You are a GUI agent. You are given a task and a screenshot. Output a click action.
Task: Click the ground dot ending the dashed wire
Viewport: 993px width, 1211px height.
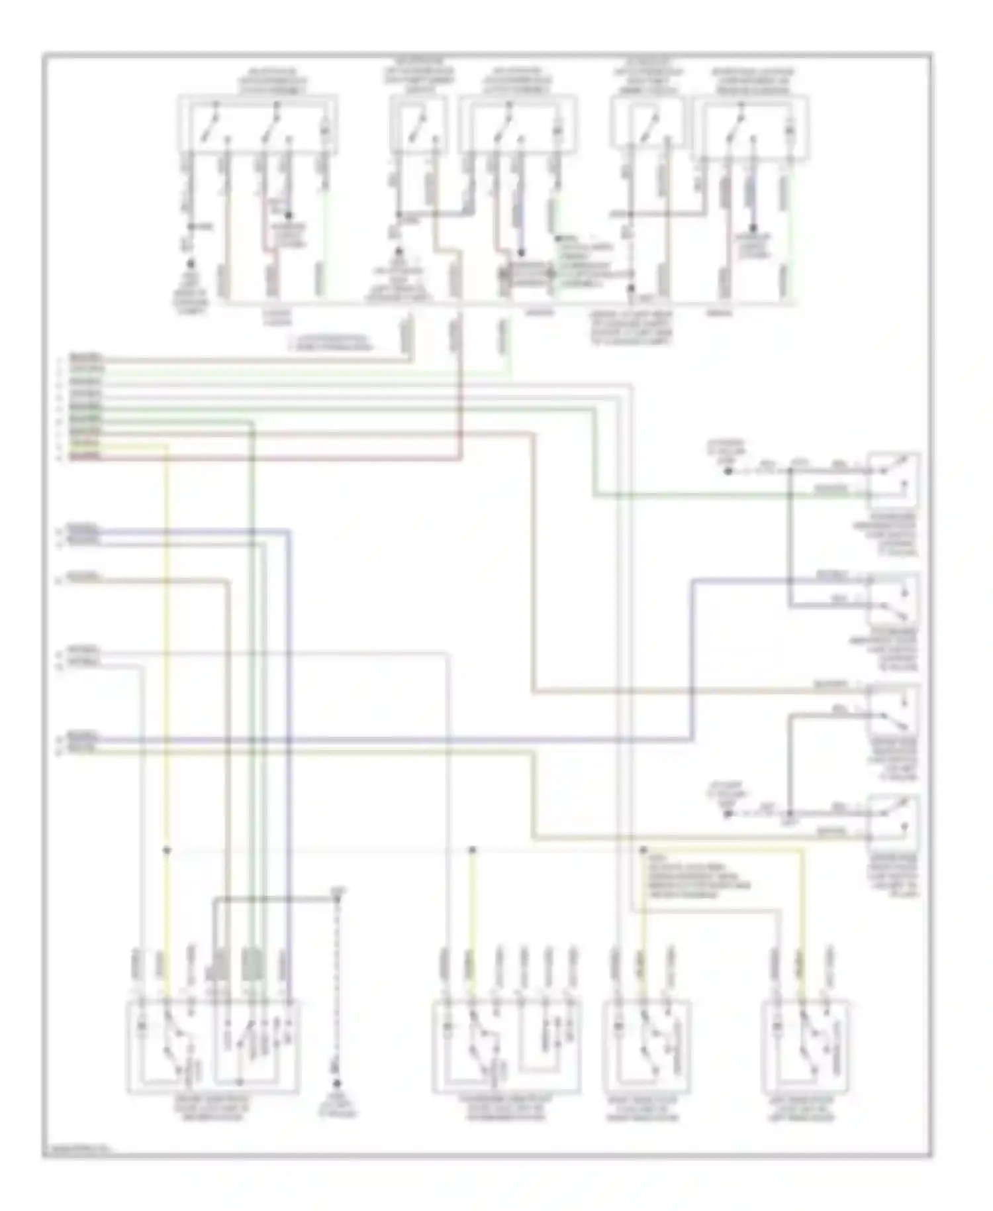click(337, 1084)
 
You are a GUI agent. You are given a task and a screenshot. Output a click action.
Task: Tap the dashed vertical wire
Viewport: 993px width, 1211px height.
click(338, 994)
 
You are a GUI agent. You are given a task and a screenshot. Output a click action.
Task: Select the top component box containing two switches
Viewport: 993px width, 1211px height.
click(258, 126)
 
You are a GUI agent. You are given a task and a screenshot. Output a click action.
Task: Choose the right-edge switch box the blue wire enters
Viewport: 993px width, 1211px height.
click(894, 599)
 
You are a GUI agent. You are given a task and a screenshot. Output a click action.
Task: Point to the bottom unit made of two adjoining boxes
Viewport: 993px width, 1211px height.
click(213, 1047)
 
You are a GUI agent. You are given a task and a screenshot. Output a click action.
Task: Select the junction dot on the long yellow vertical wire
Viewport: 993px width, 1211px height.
click(167, 850)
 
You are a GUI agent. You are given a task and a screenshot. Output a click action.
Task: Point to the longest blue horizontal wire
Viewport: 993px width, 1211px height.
click(397, 739)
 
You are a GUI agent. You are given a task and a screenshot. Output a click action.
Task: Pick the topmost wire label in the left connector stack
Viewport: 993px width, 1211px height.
click(86, 356)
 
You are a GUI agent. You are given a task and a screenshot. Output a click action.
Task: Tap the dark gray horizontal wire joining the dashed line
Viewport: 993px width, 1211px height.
click(275, 899)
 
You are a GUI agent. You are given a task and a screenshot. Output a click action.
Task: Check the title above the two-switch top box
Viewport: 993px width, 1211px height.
click(271, 81)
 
